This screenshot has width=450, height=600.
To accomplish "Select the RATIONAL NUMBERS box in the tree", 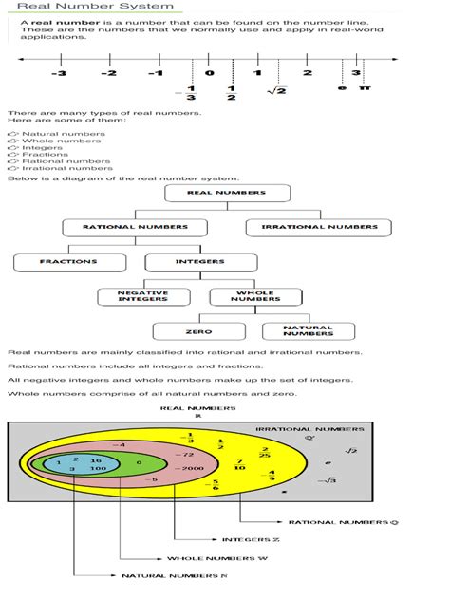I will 134,228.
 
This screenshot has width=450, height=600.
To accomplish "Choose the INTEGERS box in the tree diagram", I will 200,262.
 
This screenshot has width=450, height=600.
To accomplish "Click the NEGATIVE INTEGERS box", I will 142,296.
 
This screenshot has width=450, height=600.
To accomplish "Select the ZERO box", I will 198,332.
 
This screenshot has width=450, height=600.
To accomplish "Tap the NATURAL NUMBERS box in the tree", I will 308,331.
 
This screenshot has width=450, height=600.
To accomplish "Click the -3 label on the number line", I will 60,73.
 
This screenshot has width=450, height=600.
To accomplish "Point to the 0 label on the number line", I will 209,73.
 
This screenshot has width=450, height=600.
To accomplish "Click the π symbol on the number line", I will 365,87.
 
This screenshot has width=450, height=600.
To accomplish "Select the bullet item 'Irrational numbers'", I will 66,169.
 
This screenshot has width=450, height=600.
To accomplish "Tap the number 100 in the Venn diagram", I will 96,469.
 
